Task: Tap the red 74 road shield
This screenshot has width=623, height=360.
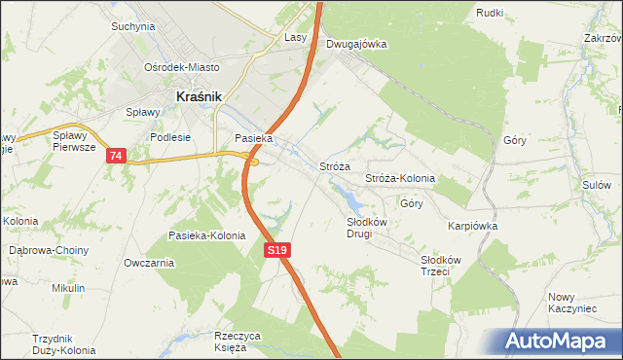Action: tap(117, 156)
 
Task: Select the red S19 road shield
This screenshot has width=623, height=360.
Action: tap(277, 250)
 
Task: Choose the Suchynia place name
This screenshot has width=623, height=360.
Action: tap(133, 26)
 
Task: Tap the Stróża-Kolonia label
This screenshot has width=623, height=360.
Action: tap(399, 179)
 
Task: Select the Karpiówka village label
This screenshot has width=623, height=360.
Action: tap(473, 225)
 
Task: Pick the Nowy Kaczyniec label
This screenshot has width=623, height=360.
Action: tap(571, 302)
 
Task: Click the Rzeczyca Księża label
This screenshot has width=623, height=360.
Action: tap(238, 342)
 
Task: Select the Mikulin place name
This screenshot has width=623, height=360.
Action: tap(69, 288)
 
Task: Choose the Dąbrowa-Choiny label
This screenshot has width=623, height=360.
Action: tap(49, 250)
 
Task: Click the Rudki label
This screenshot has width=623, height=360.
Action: tap(489, 13)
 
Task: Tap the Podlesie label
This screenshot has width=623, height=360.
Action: tap(168, 138)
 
